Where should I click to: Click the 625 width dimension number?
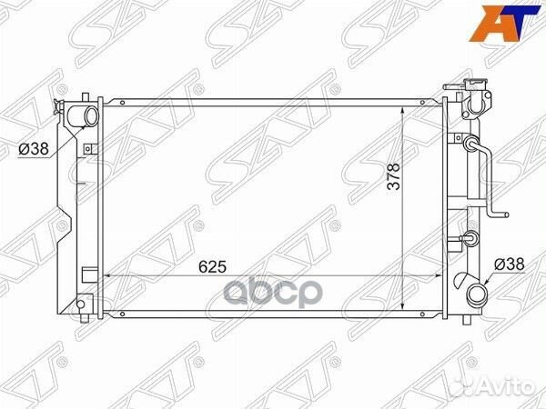pos(211,266)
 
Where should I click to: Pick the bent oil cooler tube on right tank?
pos(487,177)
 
